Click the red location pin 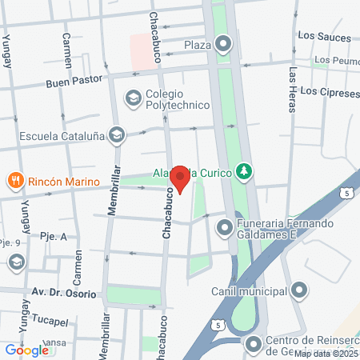pos(180,178)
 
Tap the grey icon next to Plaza pos(222,44)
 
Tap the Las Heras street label pos(293,88)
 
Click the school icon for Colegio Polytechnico pos(133,98)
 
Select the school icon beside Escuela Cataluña pos(118,134)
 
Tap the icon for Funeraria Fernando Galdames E pos(224,229)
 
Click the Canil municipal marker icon pos(299,290)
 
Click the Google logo pos(26,350)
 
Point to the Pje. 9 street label pos(11,241)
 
